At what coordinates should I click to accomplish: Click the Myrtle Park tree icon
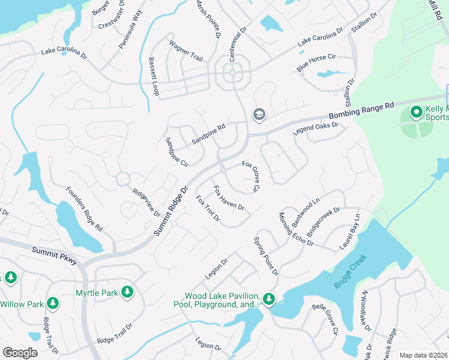coord(127,292)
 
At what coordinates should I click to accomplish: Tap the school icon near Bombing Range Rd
coord(259,114)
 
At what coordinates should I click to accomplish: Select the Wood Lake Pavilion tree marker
coord(268,298)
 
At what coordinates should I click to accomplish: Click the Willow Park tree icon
coord(52,304)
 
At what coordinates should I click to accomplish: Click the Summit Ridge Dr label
coord(172,209)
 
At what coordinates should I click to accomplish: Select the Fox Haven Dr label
coord(228,197)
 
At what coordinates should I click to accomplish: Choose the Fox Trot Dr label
coord(208,208)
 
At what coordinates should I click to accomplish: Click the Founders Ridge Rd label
coord(84,208)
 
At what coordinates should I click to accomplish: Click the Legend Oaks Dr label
coord(316,128)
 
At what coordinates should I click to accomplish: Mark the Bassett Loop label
coord(154,76)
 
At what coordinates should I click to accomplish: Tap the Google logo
coord(20,353)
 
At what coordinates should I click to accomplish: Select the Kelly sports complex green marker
coord(415,112)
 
